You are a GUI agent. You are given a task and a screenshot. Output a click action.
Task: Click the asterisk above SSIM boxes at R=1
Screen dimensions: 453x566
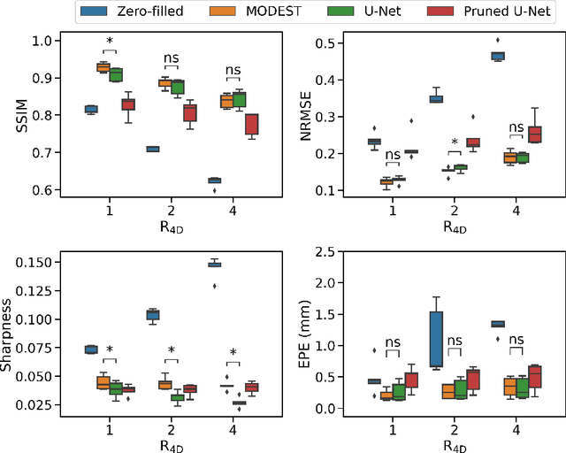[x=109, y=42]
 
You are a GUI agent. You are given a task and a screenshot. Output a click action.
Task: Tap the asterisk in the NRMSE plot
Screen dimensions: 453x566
[x=454, y=142]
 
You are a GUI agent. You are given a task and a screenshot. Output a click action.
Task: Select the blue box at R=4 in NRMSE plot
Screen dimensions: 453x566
[x=498, y=56]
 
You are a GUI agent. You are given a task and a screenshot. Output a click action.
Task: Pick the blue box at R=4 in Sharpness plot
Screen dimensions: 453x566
[x=214, y=264]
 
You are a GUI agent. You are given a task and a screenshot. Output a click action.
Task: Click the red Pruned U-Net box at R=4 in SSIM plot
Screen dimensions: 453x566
[x=251, y=125]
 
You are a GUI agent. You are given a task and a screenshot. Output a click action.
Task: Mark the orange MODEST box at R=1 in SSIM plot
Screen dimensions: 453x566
[x=103, y=67]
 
